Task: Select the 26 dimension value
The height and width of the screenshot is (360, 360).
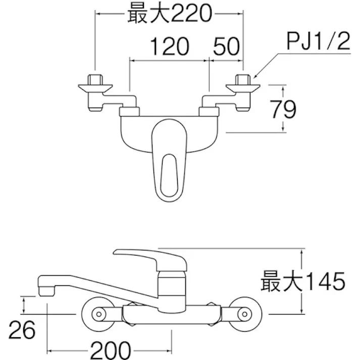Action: [23, 331]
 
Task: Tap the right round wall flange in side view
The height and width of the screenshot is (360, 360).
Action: [242, 315]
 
